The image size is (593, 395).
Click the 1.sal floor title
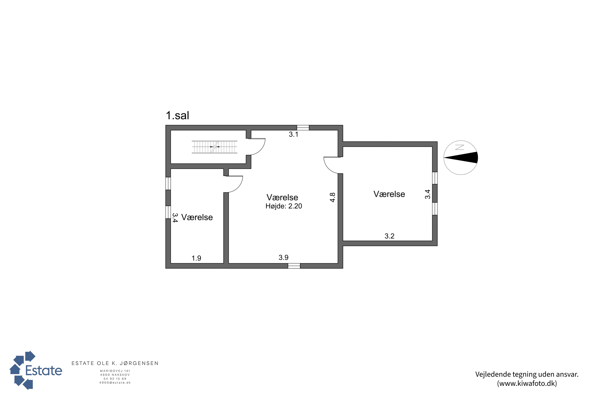(x=177, y=116)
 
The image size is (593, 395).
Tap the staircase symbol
(x=214, y=147)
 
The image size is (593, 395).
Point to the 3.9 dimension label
(x=283, y=258)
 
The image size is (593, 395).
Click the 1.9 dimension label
(x=196, y=258)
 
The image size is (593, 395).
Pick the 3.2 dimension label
(x=389, y=236)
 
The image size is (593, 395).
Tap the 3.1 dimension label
(x=294, y=134)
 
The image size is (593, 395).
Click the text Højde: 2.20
(x=284, y=206)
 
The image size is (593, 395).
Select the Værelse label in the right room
(x=389, y=194)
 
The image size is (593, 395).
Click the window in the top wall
(x=303, y=128)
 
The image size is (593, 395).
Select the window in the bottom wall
(x=294, y=266)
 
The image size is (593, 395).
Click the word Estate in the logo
(x=44, y=371)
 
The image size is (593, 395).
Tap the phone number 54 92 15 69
(x=115, y=379)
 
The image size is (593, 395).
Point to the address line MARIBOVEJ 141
(x=115, y=371)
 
